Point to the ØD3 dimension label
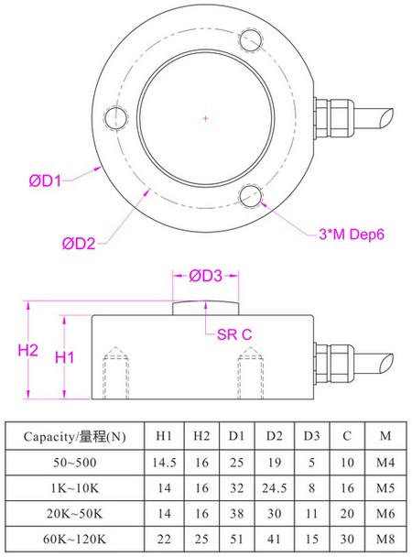206,276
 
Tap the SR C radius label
233,335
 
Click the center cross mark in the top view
206,118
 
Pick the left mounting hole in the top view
115,118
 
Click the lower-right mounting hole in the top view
251,194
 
